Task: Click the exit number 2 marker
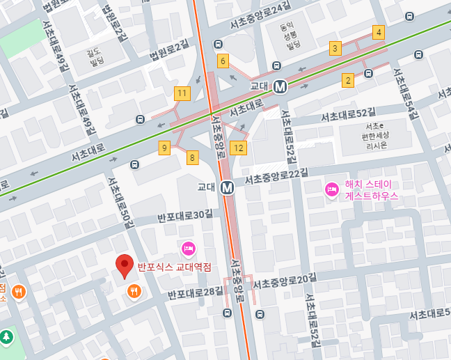click(x=348, y=80)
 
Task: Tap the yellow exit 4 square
click(x=378, y=32)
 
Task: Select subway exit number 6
click(x=223, y=61)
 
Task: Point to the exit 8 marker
click(x=192, y=157)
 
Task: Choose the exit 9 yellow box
click(x=164, y=148)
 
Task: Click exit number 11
click(x=182, y=93)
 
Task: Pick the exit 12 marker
click(x=239, y=148)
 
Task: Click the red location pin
click(x=125, y=265)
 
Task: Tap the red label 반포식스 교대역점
click(x=174, y=267)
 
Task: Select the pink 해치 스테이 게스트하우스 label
click(x=371, y=190)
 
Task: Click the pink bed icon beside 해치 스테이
click(x=332, y=189)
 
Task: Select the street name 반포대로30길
click(x=184, y=214)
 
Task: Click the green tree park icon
click(x=7, y=337)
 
